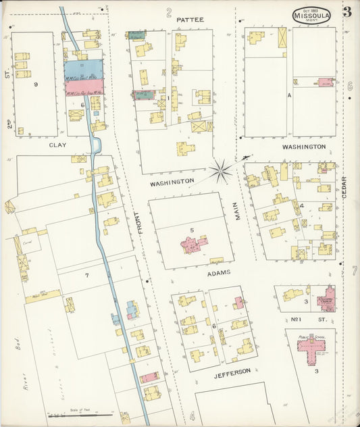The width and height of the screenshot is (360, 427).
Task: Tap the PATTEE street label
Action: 190,20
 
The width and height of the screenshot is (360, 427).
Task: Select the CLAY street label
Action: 57,145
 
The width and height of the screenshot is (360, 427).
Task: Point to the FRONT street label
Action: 141,223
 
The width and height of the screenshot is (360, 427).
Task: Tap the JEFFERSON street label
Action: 234,371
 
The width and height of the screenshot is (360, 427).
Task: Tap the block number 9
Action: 35,84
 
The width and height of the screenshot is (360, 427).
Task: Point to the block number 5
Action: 192,230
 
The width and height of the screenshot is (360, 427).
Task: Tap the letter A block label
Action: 288,95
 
